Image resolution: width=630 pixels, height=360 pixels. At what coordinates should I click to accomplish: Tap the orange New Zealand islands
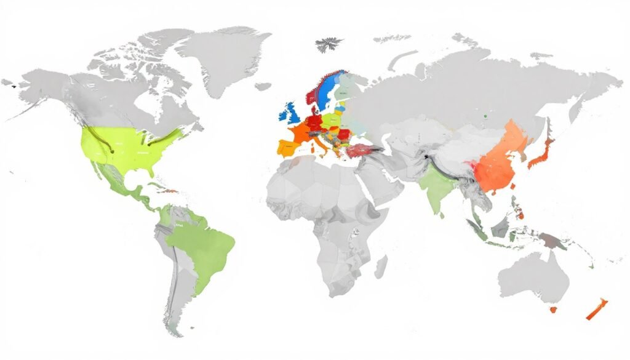pyautogui.click(x=596, y=309)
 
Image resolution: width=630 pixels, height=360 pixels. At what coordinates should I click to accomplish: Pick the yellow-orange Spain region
pyautogui.click(x=288, y=147)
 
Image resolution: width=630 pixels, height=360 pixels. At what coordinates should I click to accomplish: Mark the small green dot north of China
pyautogui.click(x=485, y=115)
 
